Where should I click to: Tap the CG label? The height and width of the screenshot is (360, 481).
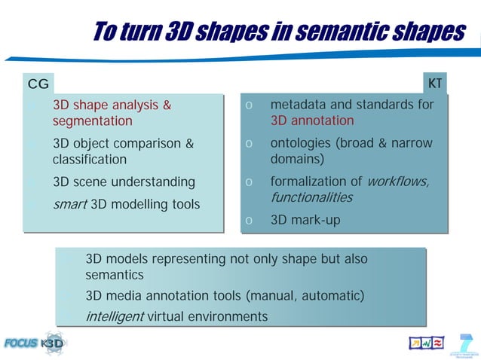coord(38,84)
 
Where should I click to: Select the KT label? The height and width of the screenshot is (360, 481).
coord(435,83)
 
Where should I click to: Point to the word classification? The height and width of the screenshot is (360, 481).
coord(89,160)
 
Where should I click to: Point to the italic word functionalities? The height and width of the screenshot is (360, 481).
coord(311,197)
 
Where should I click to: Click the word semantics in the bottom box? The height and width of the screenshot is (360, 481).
coord(114,275)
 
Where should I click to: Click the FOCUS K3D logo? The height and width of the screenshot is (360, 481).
coord(34,342)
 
